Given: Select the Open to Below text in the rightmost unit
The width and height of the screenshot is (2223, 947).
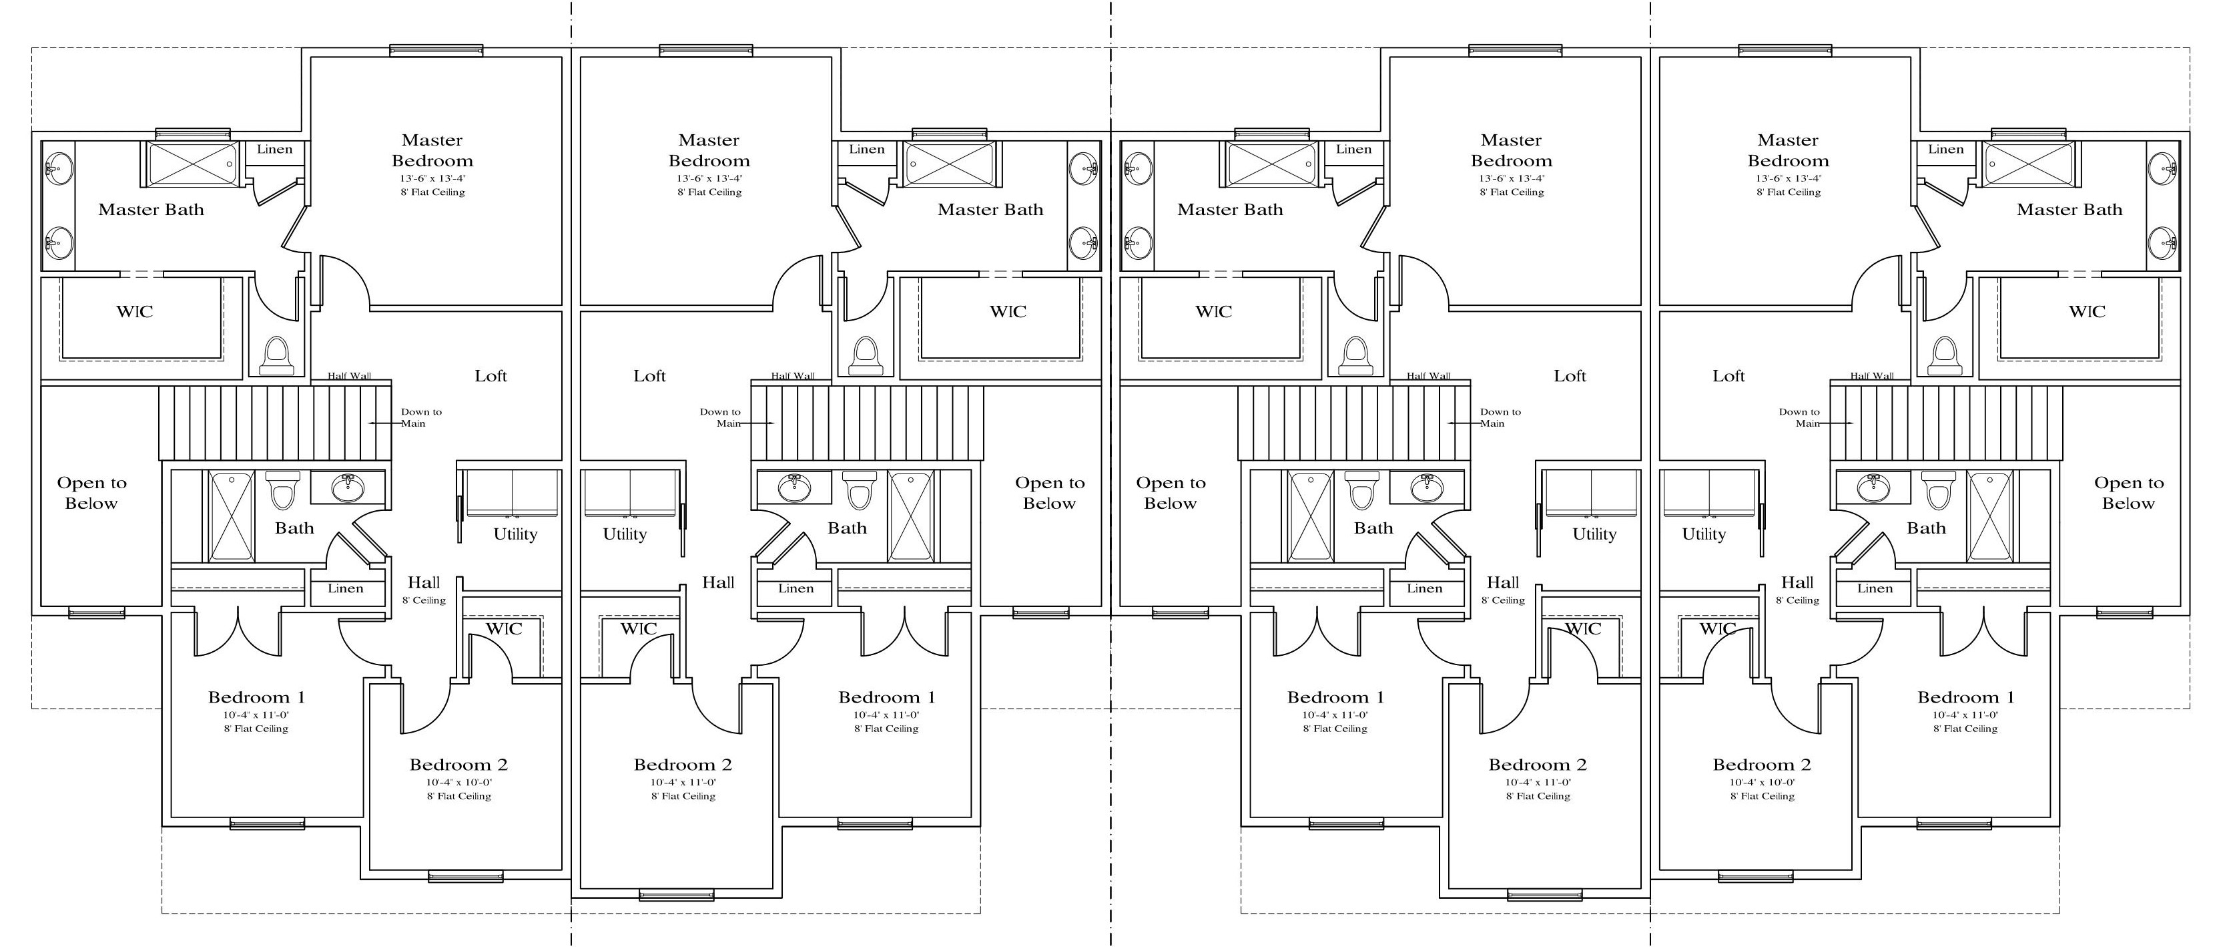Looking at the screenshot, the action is [x=2128, y=493].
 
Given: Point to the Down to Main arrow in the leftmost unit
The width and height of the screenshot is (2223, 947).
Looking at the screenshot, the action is [x=386, y=423].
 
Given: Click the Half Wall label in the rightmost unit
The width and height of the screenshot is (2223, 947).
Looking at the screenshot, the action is [x=1872, y=375].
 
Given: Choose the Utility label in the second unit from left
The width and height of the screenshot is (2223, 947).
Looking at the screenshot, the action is [x=625, y=534].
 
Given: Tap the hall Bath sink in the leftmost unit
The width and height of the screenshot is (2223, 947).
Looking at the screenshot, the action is [x=348, y=488].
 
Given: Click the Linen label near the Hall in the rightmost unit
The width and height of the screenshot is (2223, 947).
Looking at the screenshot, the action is [x=1875, y=589].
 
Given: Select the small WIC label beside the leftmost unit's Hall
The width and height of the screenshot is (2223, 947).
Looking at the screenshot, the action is [x=503, y=628].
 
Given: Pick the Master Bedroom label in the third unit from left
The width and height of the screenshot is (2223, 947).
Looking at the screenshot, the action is [x=1511, y=150].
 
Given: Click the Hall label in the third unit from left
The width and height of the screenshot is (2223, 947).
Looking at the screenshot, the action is [x=1502, y=583].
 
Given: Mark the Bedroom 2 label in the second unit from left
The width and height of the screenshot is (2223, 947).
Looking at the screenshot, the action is [x=683, y=765].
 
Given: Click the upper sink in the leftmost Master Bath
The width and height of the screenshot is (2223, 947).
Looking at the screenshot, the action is [x=59, y=168].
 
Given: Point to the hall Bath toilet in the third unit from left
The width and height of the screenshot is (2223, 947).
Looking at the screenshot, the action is [x=1361, y=490].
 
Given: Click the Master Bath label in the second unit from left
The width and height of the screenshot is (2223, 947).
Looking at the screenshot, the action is [x=990, y=210].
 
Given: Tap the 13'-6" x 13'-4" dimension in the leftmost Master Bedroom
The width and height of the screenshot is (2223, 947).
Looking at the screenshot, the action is [x=432, y=179].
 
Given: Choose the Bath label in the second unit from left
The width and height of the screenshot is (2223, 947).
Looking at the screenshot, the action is [x=847, y=528].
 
